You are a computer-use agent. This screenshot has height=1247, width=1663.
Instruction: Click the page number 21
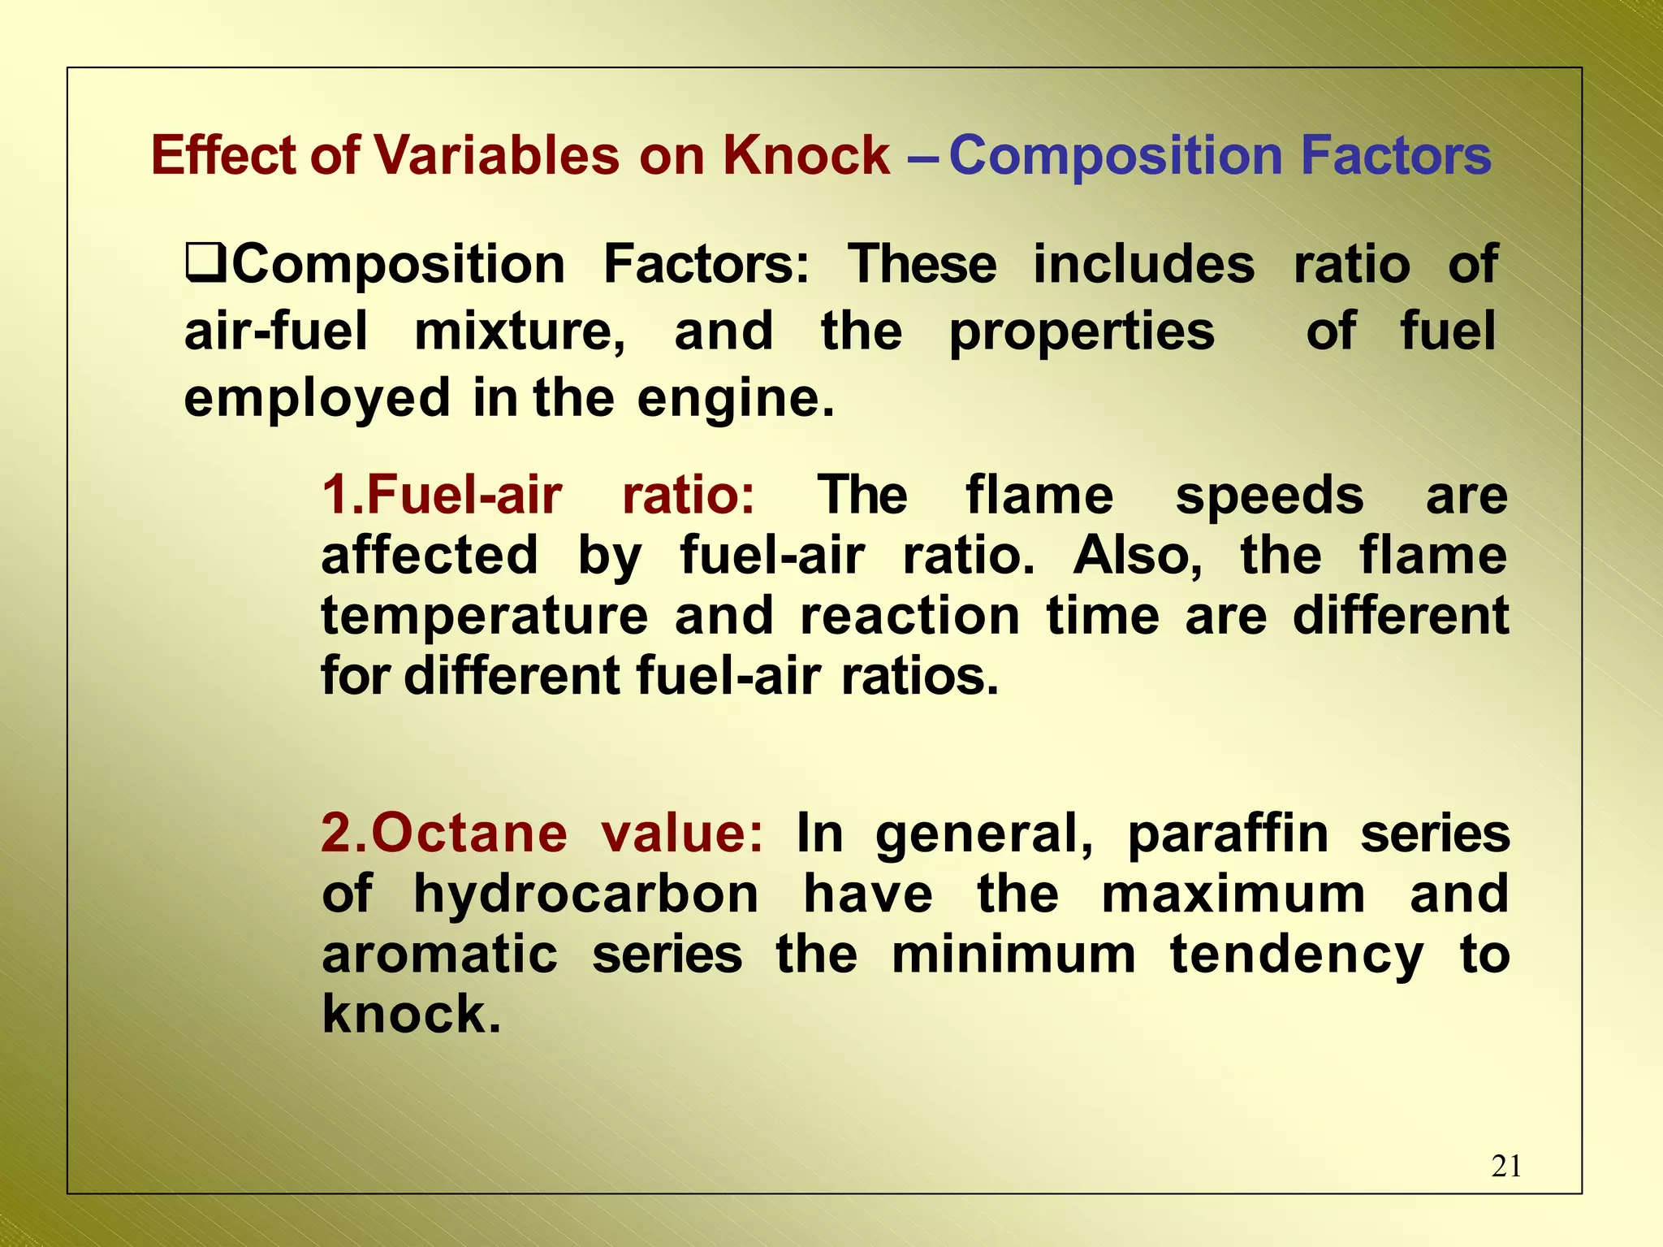[1506, 1166]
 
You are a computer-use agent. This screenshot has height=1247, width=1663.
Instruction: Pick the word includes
[1143, 265]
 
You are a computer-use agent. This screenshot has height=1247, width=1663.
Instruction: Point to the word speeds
[1269, 496]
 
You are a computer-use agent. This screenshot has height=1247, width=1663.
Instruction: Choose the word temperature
[485, 617]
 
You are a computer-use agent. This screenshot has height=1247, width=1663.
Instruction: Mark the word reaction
[909, 615]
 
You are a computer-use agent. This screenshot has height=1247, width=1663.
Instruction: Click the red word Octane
[469, 833]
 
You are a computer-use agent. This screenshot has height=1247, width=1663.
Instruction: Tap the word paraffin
[1228, 835]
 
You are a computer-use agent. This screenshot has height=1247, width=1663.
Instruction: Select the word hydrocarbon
[586, 895]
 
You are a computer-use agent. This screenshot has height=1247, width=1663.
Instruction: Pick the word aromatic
[439, 955]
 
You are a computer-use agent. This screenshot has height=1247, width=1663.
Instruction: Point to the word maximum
[1233, 894]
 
